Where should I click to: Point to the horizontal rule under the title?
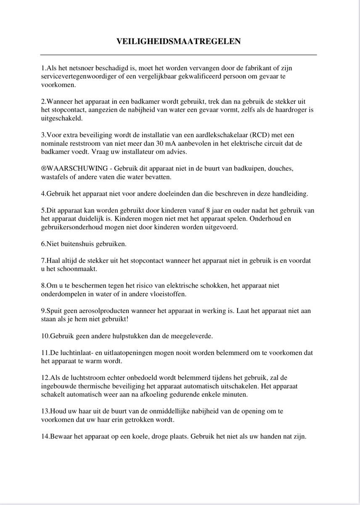click(x=179, y=55)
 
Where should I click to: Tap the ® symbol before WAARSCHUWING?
click(x=43, y=168)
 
